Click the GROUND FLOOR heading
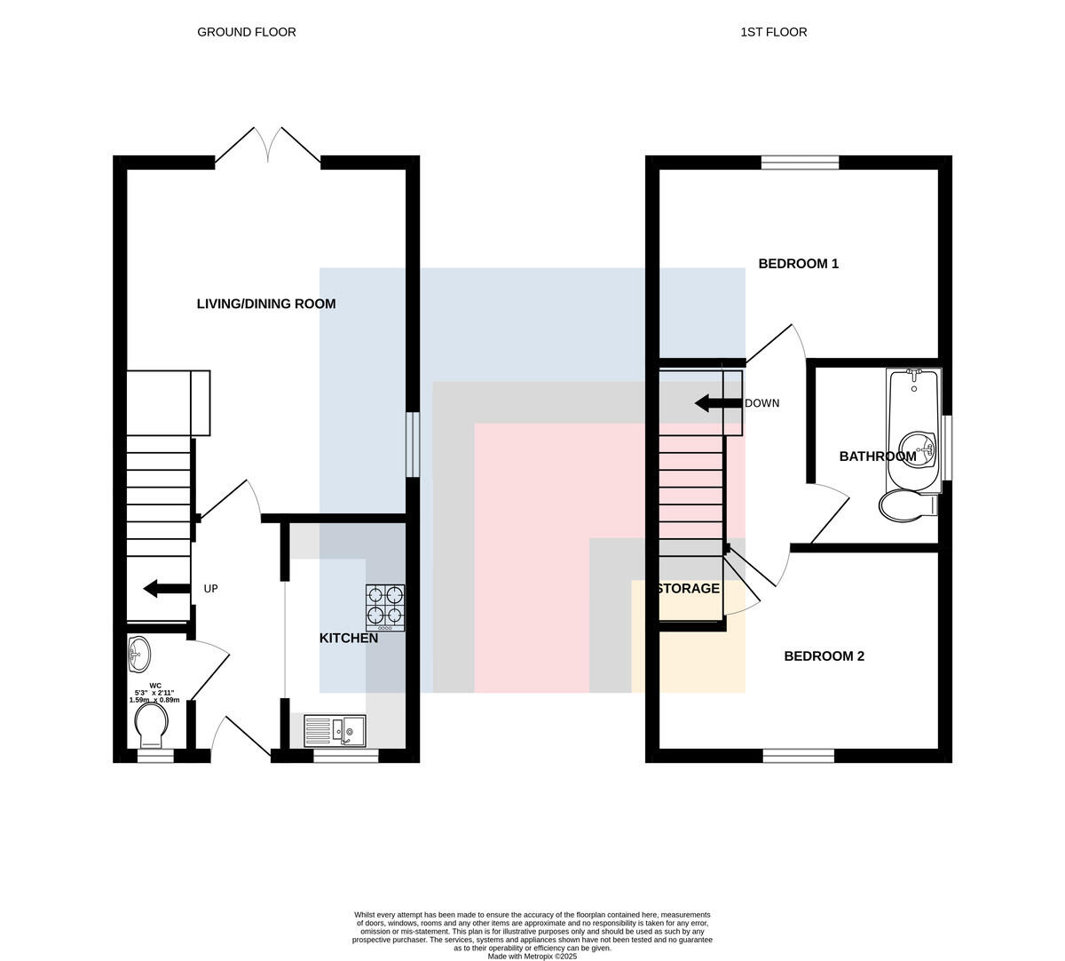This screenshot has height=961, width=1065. pyautogui.click(x=247, y=32)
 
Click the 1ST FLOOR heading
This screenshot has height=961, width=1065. pyautogui.click(x=774, y=32)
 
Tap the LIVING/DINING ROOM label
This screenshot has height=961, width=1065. pyautogui.click(x=266, y=304)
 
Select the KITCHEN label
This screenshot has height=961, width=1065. pyautogui.click(x=349, y=638)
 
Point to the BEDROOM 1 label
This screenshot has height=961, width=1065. pyautogui.click(x=799, y=263)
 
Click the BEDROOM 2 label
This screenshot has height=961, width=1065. pyautogui.click(x=824, y=655)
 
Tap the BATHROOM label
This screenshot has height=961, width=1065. pyautogui.click(x=878, y=456)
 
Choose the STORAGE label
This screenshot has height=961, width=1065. pyautogui.click(x=688, y=588)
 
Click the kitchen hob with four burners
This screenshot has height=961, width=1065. pyautogui.click(x=385, y=608)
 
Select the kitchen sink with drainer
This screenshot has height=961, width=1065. pyautogui.click(x=335, y=730)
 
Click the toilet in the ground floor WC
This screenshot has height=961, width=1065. pyautogui.click(x=151, y=725)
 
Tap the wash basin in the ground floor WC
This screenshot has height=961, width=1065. pyautogui.click(x=139, y=655)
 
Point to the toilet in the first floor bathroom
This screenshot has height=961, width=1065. pyautogui.click(x=908, y=505)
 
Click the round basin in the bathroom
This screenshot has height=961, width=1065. pyautogui.click(x=918, y=449)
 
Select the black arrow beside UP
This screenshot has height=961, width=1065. pyautogui.click(x=167, y=588)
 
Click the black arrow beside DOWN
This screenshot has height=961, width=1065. pyautogui.click(x=718, y=403)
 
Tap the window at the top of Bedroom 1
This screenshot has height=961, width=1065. pyautogui.click(x=800, y=163)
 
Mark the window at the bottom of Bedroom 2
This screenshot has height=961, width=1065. pyautogui.click(x=799, y=756)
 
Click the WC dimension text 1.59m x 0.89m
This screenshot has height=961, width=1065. pyautogui.click(x=154, y=700)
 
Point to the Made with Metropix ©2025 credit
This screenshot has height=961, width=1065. pyautogui.click(x=532, y=957)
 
